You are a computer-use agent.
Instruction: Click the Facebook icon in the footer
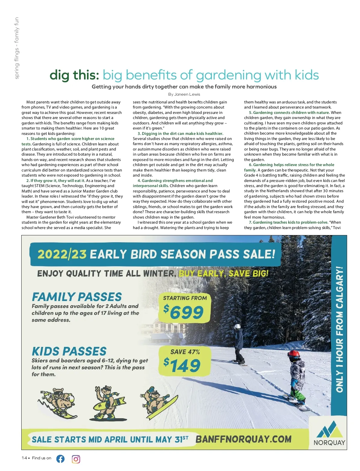point(60,459)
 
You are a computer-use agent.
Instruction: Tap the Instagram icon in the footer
point(76,459)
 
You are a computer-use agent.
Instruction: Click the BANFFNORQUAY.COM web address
point(243,439)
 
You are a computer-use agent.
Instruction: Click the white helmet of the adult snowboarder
point(238,326)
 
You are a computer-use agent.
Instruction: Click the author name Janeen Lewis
point(187,94)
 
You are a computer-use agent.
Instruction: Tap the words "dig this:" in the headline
point(74,75)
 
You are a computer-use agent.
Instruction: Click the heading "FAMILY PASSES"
point(77,297)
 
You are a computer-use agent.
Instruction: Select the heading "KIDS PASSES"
point(69,351)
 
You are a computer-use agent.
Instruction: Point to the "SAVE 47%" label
point(185,352)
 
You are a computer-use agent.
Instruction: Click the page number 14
point(24,458)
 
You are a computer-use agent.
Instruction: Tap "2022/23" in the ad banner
point(62,254)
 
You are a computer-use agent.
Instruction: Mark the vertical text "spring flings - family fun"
point(16,48)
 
